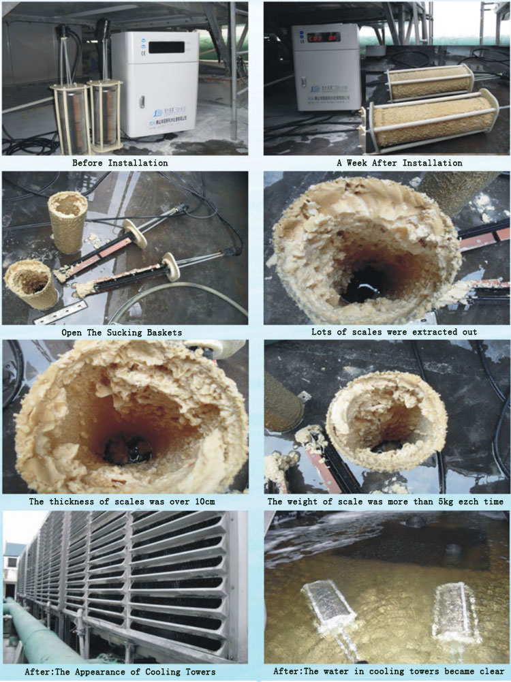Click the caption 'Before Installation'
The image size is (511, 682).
[x=120, y=163]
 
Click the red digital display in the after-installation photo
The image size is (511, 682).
[x=324, y=38]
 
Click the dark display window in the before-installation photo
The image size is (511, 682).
[x=167, y=47]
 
